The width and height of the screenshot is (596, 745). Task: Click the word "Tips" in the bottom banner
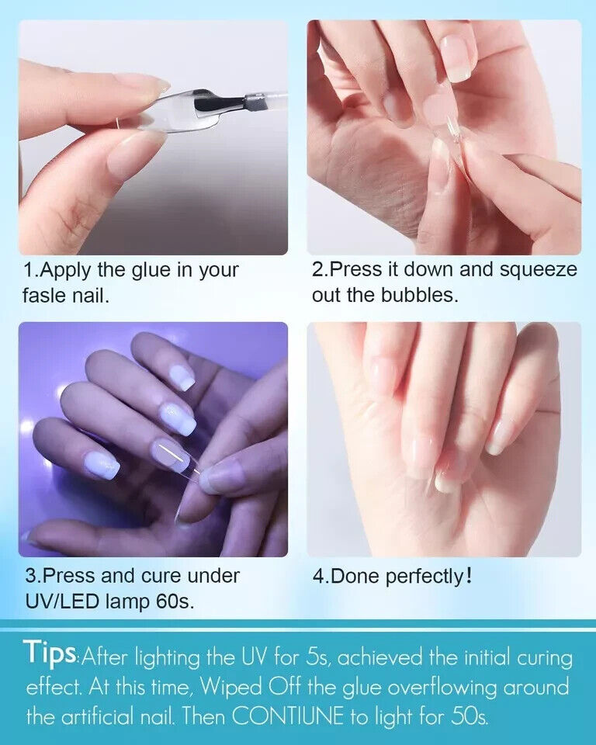pos(50,652)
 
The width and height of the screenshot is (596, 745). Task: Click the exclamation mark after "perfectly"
pos(469,577)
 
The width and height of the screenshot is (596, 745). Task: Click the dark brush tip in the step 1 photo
pos(210,103)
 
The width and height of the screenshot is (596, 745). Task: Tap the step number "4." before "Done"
pos(321,577)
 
